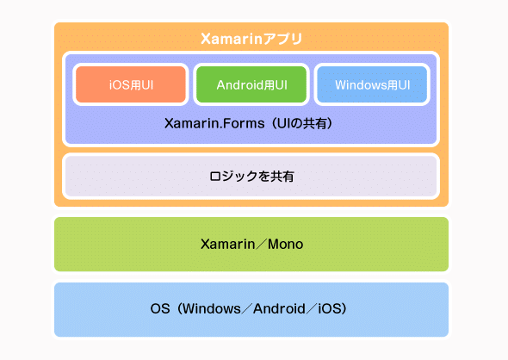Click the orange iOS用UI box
(x=130, y=84)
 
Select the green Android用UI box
(x=251, y=84)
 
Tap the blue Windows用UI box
(x=371, y=84)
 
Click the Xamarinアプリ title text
(x=251, y=39)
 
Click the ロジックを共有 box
(x=251, y=176)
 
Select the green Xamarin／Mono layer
(x=251, y=245)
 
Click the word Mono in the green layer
(x=285, y=245)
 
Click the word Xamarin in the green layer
(x=225, y=245)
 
